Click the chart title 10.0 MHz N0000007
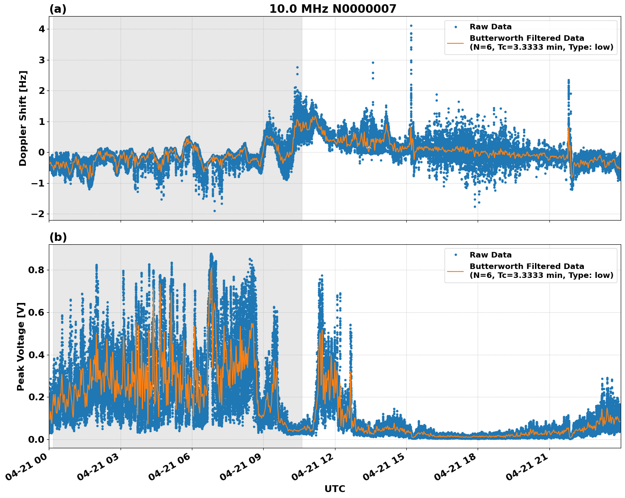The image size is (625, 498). tap(332, 9)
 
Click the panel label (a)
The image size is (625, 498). tap(58, 9)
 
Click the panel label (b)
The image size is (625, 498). tap(58, 237)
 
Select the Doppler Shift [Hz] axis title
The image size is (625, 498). tap(23, 118)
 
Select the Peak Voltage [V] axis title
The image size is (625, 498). tap(21, 346)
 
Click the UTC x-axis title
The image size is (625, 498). tap(335, 489)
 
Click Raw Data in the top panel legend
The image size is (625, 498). tap(490, 27)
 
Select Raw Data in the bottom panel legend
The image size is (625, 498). tap(490, 255)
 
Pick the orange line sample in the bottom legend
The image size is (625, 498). tap(455, 271)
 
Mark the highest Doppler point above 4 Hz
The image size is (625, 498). tap(411, 25)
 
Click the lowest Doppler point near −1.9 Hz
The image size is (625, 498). tap(214, 211)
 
